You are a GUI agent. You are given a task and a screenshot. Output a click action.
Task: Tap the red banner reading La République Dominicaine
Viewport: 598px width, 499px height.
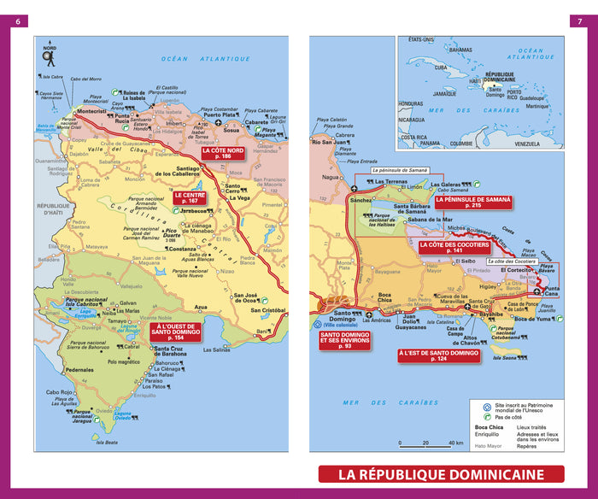(441, 474)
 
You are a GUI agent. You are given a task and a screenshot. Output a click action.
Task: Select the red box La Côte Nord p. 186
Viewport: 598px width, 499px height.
(223, 154)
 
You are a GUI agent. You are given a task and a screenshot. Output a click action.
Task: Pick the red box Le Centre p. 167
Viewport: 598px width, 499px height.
(189, 198)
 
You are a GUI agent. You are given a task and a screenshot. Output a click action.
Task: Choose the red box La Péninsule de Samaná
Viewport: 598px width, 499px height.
(473, 203)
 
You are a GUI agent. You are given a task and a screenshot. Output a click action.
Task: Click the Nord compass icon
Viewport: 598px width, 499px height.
(49, 56)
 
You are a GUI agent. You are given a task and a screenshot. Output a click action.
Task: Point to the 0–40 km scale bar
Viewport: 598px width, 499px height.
(431, 443)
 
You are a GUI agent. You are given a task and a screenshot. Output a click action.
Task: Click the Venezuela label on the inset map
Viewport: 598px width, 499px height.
(527, 144)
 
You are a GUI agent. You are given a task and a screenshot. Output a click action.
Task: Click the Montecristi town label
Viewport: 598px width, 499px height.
(91, 111)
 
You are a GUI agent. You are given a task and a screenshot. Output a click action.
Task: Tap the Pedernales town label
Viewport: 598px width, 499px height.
(79, 370)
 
